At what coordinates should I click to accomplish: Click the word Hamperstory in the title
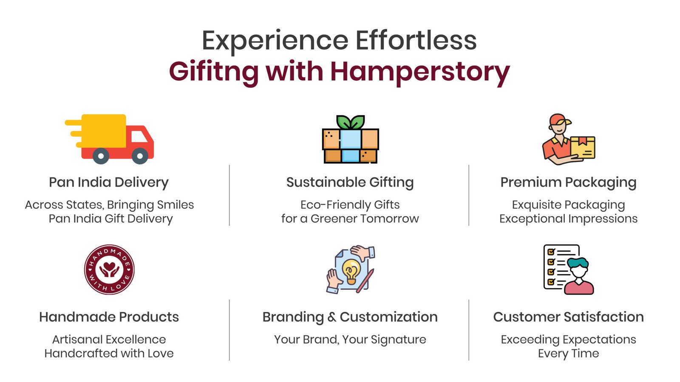coord(419,72)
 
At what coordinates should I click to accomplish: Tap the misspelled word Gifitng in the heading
coord(214,73)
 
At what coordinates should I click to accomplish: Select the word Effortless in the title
coord(416,40)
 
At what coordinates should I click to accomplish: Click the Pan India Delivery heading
coord(109,183)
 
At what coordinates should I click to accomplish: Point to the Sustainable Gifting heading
coord(350,183)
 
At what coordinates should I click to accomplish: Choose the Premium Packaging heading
coord(568,183)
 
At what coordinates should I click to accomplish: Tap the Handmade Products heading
coord(109,317)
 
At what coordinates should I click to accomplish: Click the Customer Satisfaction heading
coord(568,317)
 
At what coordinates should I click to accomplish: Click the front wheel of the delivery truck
coord(140,156)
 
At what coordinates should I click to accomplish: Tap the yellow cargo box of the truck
coord(104,131)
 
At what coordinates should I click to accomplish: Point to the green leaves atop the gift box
coord(351,122)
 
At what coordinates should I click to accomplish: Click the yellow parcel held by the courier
coord(583,147)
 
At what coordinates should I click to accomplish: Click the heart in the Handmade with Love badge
coord(109,267)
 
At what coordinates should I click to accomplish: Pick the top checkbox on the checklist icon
coord(551,252)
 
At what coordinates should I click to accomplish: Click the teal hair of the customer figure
coord(578,263)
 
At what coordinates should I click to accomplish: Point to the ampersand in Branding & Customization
coord(332,317)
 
